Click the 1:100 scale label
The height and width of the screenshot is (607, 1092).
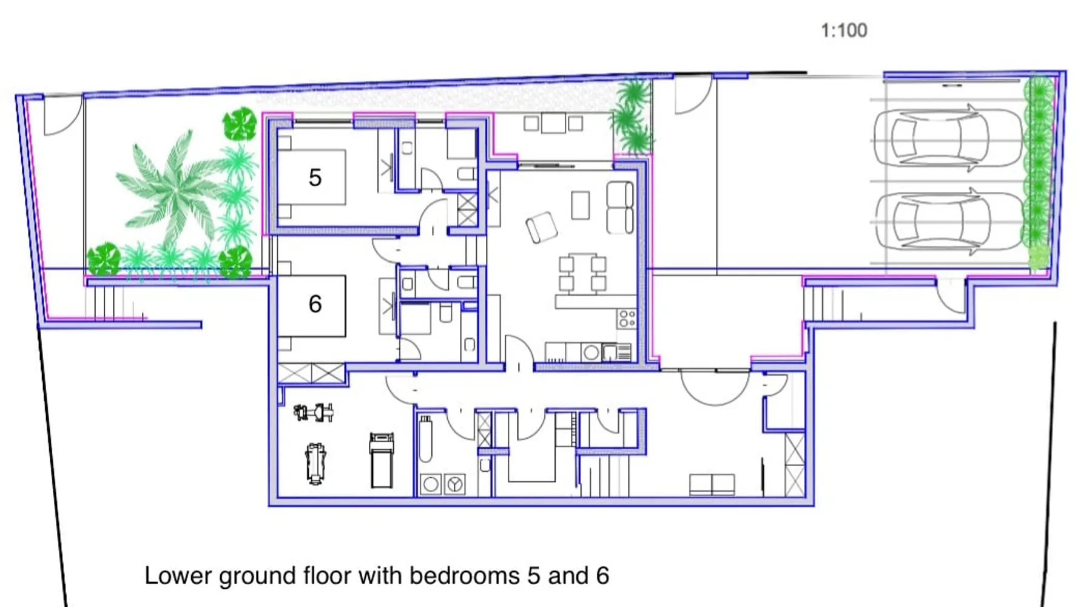[844, 30]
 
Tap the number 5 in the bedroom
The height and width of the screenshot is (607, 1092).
[315, 178]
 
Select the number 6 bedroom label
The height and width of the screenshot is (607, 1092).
[315, 303]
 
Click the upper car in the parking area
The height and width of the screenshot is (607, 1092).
[948, 138]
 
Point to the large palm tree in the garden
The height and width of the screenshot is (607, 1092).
[176, 188]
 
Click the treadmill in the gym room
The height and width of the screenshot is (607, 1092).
[382, 460]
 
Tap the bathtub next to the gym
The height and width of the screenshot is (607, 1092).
[425, 439]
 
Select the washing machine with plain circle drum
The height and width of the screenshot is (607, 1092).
[431, 484]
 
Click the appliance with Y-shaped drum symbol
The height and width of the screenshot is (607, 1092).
[455, 484]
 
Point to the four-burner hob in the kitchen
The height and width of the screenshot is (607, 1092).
[627, 319]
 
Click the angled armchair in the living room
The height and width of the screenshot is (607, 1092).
[541, 228]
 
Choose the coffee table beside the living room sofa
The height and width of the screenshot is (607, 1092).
[581, 205]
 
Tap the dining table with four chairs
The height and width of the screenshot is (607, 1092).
[582, 273]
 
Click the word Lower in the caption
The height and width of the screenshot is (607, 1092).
[178, 575]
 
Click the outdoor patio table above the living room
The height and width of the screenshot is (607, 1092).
[553, 123]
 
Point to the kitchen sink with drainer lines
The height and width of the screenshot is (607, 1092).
[616, 352]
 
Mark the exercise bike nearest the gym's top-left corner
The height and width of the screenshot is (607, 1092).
[314, 413]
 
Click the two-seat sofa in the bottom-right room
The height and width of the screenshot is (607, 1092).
[712, 484]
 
